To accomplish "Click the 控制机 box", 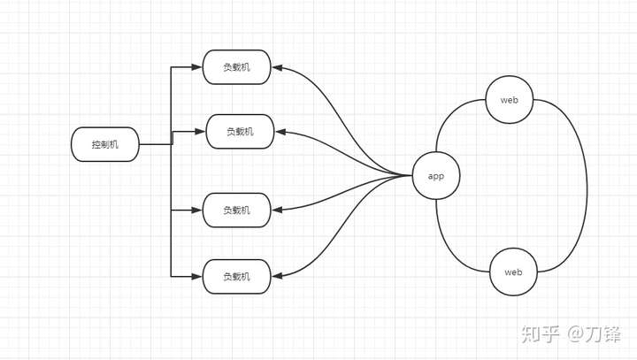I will click(104, 144).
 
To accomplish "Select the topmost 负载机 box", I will click(236, 67).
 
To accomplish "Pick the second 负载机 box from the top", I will click(240, 132).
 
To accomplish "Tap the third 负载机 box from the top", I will click(236, 211).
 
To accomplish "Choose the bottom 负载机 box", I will click(236, 277).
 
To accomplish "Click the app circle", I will click(436, 175).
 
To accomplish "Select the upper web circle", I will click(509, 100).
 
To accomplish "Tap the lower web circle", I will click(513, 272).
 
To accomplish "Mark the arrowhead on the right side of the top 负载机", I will click(276, 67).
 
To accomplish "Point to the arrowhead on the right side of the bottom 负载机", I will click(276, 277).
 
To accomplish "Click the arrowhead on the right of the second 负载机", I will click(280, 132).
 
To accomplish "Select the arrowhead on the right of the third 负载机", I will click(276, 211).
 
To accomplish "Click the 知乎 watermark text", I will click(539, 333).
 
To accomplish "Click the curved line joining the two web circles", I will click(585, 186).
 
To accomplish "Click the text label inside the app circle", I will click(436, 176).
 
